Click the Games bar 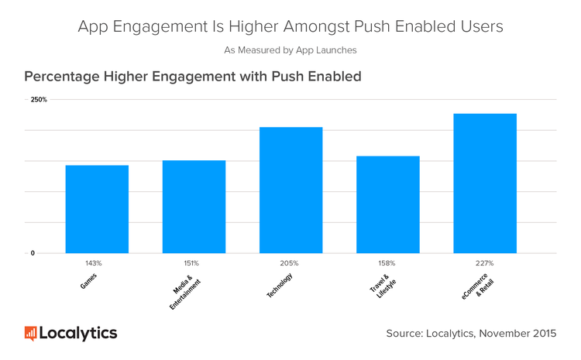point(97,209)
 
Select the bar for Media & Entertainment point(194,207)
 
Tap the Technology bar point(290,190)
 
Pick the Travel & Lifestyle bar point(387,204)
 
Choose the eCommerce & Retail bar point(484,183)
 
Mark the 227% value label point(485,263)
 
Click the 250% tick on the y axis point(39,100)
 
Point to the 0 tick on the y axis point(33,253)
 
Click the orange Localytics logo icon point(30,334)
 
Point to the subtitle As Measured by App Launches point(290,50)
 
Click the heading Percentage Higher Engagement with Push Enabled point(193,77)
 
